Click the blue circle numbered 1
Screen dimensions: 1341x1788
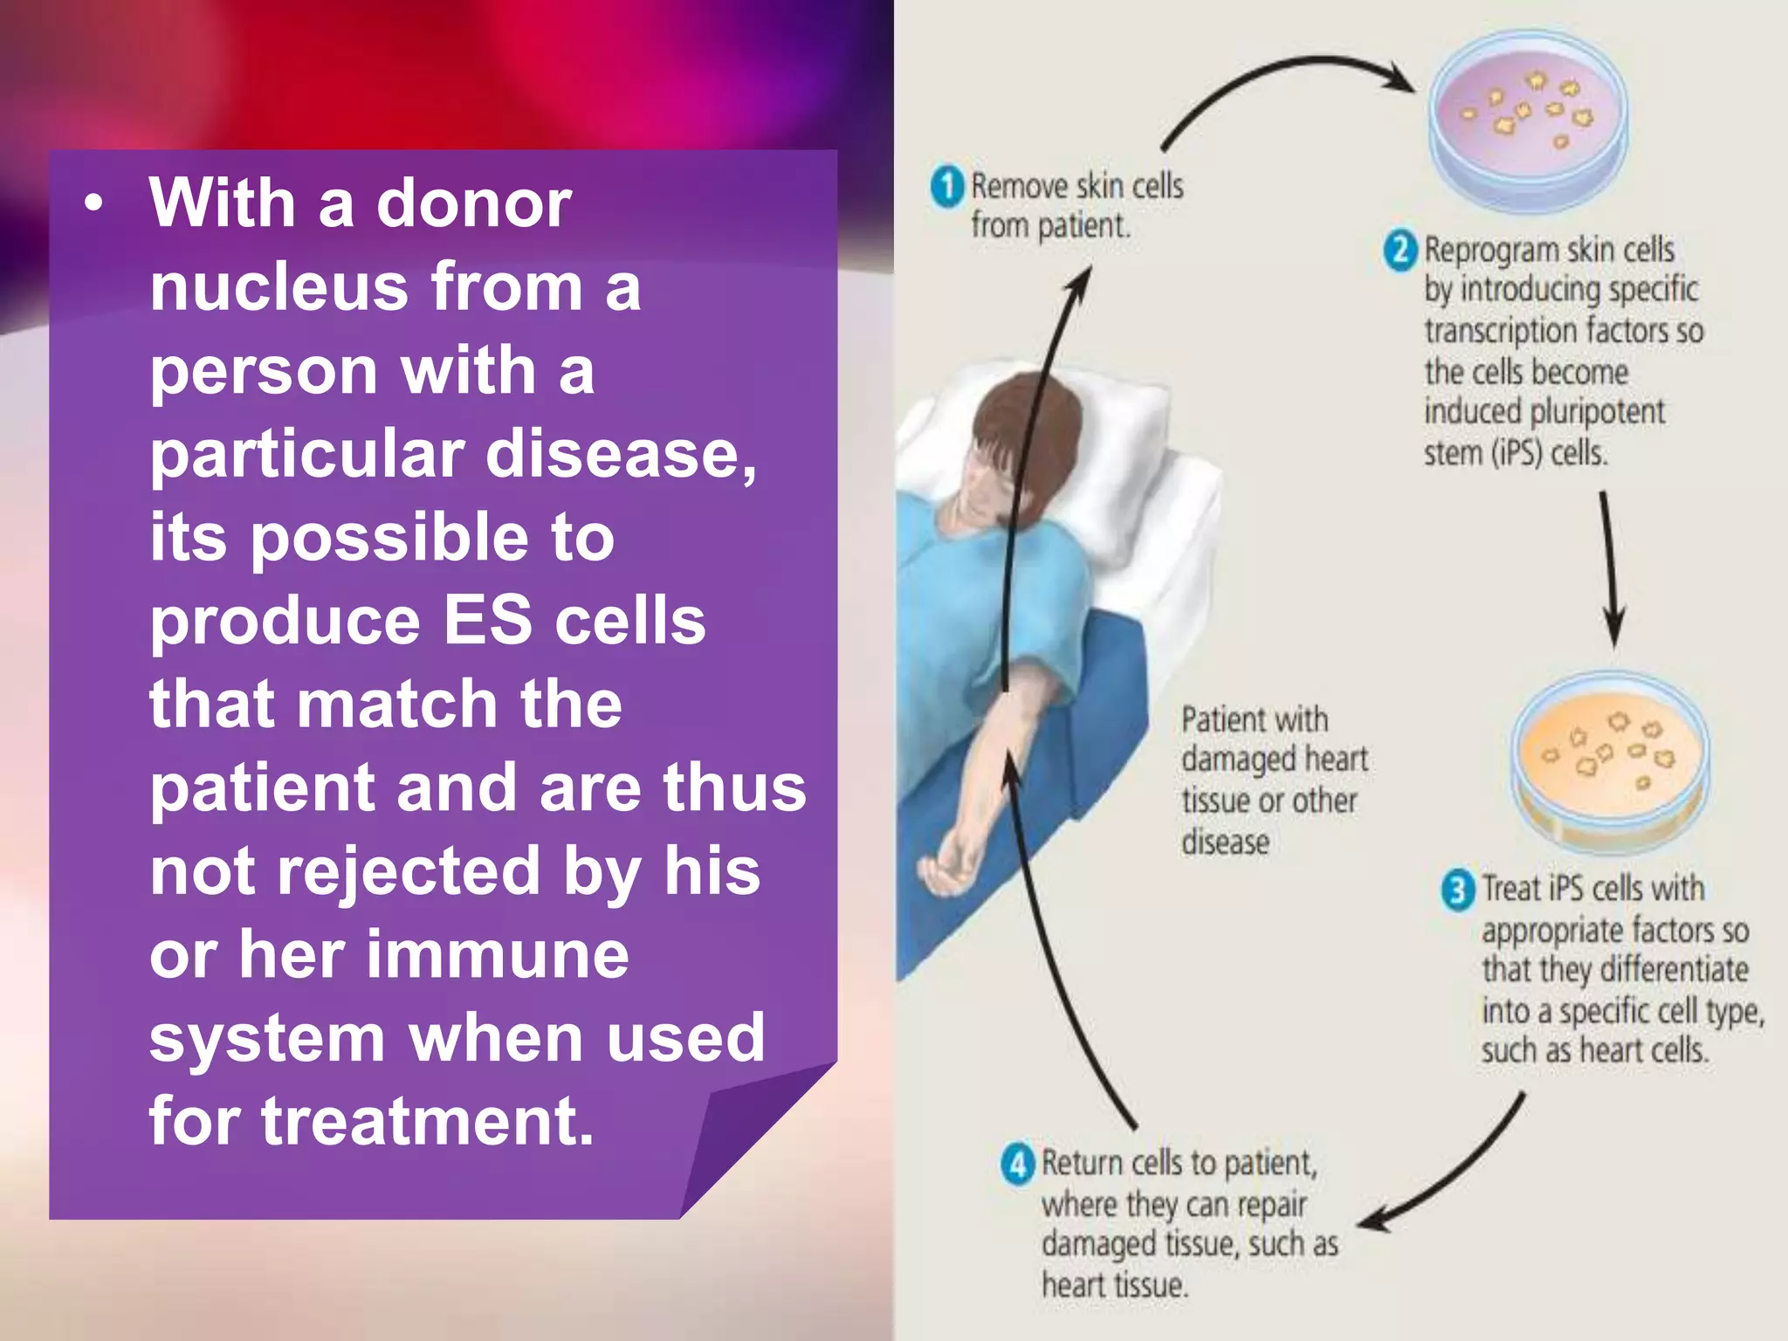point(947,186)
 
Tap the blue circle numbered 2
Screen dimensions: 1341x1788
point(1400,251)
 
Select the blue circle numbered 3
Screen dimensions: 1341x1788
point(1457,891)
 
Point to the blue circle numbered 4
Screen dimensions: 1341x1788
point(1017,1165)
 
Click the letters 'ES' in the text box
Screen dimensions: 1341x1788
point(487,620)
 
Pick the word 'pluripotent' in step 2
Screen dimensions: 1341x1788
point(1597,412)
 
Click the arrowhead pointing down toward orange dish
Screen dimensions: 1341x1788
point(1614,629)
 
